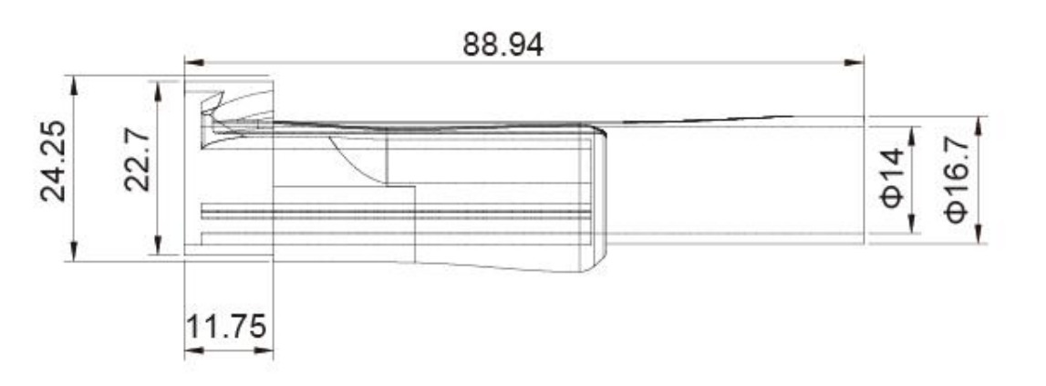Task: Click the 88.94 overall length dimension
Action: click(503, 45)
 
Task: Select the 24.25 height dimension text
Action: click(54, 161)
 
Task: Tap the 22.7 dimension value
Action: click(138, 161)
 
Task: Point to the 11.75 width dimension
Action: click(225, 327)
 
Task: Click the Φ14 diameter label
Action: click(894, 178)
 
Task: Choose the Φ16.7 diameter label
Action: click(955, 179)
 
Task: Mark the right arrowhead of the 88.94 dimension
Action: click(854, 63)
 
